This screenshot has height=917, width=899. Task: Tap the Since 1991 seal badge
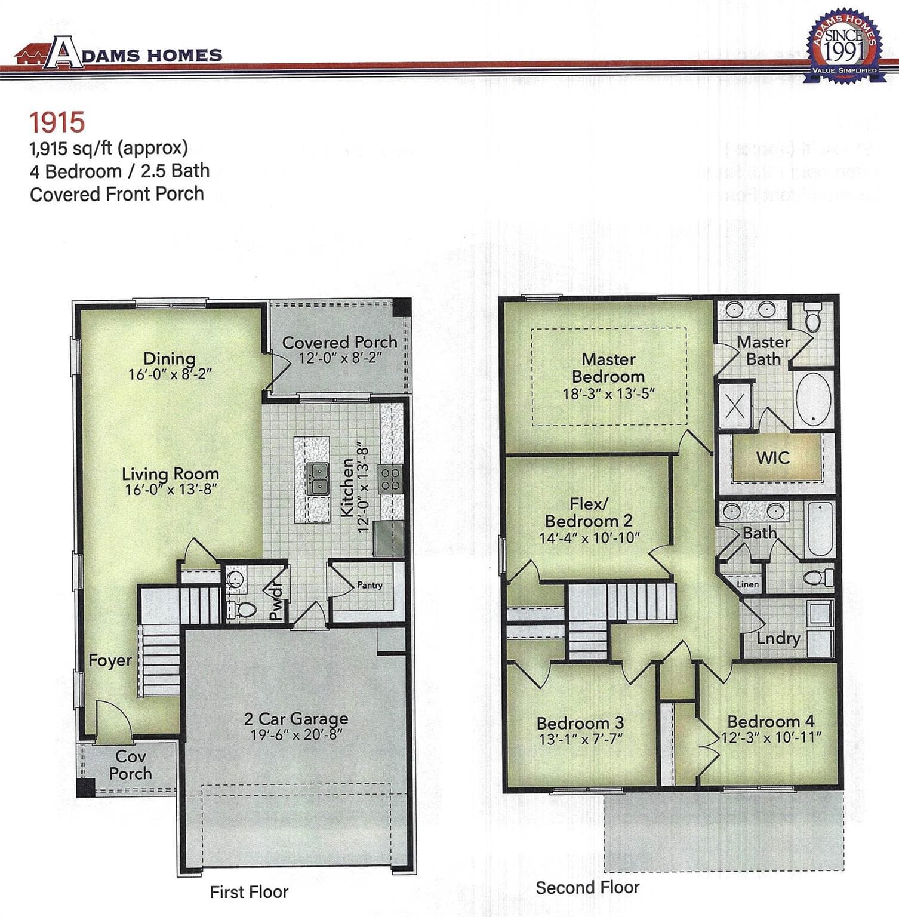[x=843, y=46]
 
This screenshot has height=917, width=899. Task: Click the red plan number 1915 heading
[x=57, y=122]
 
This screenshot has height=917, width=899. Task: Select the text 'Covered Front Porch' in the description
[x=117, y=194]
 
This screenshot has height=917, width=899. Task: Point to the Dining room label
[x=170, y=358]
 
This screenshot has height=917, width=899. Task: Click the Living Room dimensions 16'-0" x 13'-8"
[x=171, y=490]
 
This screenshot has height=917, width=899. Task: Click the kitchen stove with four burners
[x=391, y=479]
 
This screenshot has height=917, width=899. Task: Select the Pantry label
[x=370, y=585]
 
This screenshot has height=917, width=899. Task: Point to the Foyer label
[x=110, y=660]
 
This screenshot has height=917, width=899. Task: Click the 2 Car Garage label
[x=296, y=718]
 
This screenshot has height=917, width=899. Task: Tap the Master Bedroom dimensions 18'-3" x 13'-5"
[x=609, y=394]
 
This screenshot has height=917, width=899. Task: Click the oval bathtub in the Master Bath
[x=813, y=399]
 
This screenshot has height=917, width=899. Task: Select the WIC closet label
[x=772, y=458]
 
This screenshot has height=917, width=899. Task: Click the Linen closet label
[x=748, y=584]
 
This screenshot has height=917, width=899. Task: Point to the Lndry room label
[x=778, y=638]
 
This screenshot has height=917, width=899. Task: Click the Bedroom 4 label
[x=771, y=721]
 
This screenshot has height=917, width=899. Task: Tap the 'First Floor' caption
[x=249, y=892]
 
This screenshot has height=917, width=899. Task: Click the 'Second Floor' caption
[x=587, y=887]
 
